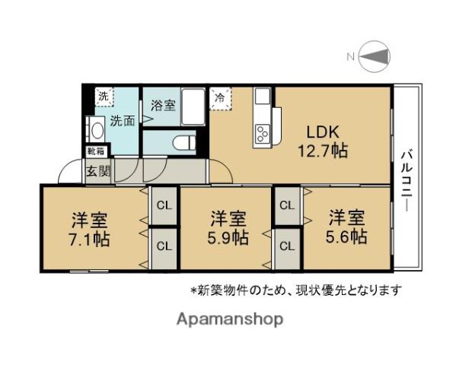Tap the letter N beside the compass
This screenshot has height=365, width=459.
click(351, 56)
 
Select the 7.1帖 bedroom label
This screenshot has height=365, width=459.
click(90, 230)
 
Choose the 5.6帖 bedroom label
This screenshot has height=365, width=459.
click(346, 227)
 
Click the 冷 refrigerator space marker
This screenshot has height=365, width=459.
click(220, 97)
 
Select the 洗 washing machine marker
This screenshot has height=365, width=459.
click(103, 97)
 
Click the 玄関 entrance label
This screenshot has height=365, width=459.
click(97, 170)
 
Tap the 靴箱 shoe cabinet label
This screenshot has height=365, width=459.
click(95, 152)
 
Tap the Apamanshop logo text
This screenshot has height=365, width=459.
click(230, 319)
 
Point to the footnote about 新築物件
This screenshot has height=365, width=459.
click(295, 290)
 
